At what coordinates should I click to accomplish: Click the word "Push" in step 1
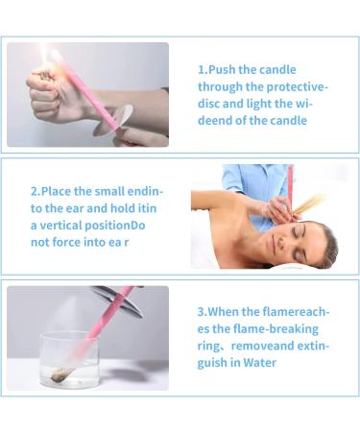[x=222, y=70]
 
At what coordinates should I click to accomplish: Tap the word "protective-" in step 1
[x=298, y=87]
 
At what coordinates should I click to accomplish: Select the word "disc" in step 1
[x=208, y=104]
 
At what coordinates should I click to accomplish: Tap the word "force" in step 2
[x=66, y=242]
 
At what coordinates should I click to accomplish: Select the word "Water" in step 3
[x=259, y=363]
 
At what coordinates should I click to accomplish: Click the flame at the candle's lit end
[x=44, y=55]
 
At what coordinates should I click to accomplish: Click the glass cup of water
[x=69, y=359]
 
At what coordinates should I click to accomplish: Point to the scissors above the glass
[x=119, y=300]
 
